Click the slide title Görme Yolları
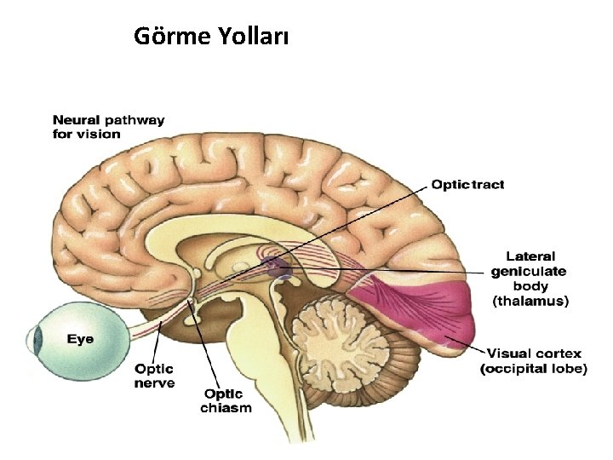(x=211, y=37)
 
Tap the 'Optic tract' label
(x=467, y=185)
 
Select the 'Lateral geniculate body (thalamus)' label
(x=529, y=279)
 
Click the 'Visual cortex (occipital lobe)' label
(x=534, y=360)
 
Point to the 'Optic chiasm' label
(x=226, y=400)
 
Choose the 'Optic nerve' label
(x=154, y=376)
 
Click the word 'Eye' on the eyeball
(x=81, y=338)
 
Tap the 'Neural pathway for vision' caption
(x=108, y=127)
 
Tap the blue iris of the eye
(x=36, y=342)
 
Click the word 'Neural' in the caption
(x=76, y=120)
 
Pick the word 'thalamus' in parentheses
(x=530, y=301)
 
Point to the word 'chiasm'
(x=226, y=407)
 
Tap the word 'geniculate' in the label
(x=529, y=271)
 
